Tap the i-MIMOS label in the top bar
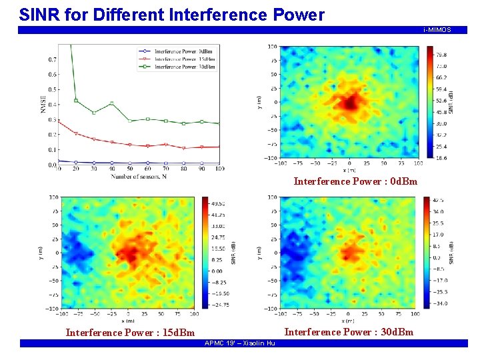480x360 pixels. (x=437, y=30)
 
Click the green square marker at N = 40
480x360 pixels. (x=112, y=103)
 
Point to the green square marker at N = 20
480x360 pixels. (x=76, y=101)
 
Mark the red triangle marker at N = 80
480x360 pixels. (x=184, y=148)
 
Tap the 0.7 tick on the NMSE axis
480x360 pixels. (x=52, y=59)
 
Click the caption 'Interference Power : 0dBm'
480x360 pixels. (x=355, y=181)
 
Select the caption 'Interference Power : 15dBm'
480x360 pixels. (x=130, y=333)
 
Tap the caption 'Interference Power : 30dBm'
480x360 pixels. (x=349, y=332)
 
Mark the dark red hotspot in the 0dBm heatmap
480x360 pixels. (x=349, y=103)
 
